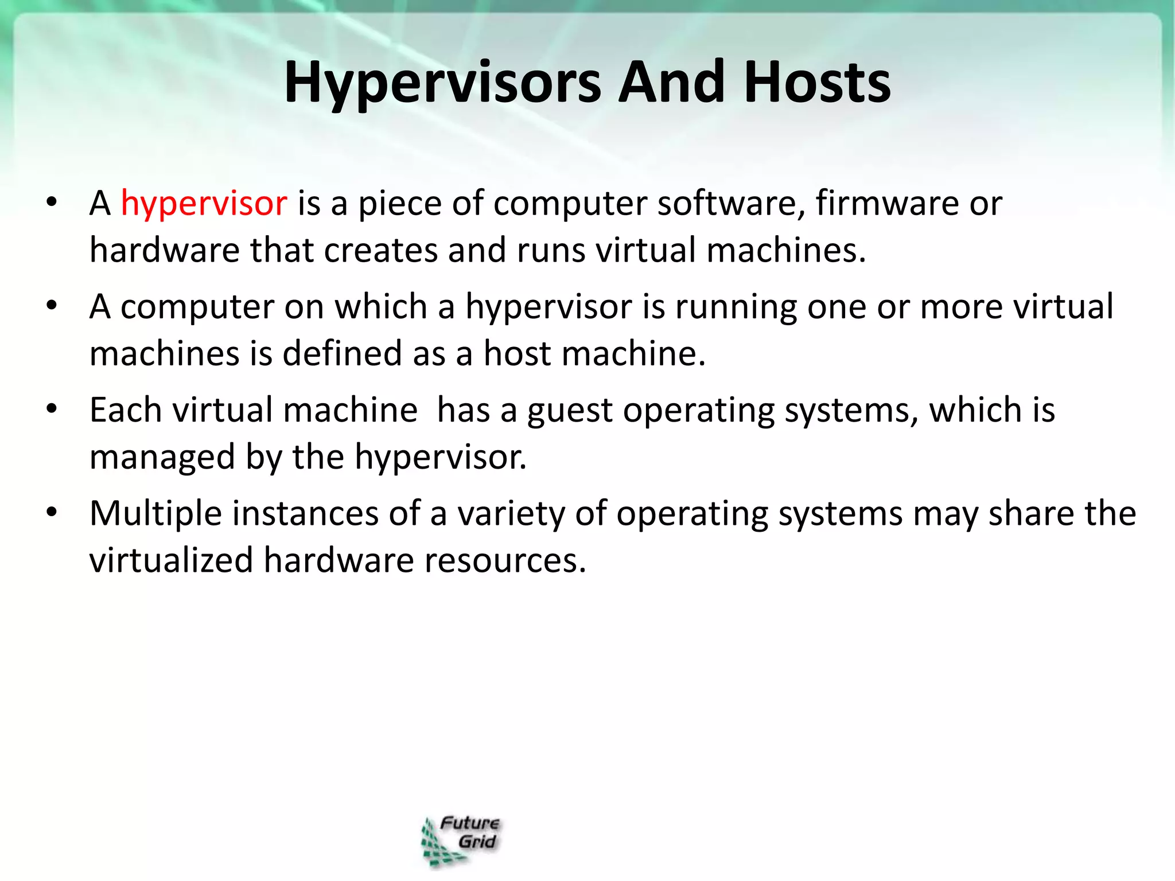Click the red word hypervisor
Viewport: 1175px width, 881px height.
coord(204,204)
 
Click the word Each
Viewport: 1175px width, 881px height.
coord(126,410)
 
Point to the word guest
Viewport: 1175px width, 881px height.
coord(570,411)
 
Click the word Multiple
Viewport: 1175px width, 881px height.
coord(155,513)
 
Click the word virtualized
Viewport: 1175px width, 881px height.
coord(171,560)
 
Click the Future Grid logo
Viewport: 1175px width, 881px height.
coord(461,841)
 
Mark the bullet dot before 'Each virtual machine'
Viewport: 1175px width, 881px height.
coord(52,410)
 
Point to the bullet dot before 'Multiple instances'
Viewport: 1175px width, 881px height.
coord(52,513)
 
